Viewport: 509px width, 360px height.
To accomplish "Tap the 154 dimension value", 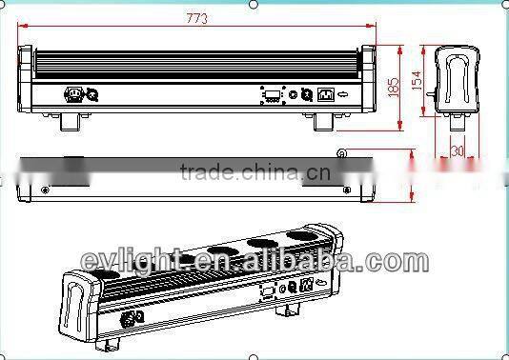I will pos(417,82).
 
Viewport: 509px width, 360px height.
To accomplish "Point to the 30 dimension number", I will pos(458,150).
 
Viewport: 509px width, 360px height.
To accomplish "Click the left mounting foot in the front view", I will pos(72,122).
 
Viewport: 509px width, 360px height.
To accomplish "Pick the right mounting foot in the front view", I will pos(321,122).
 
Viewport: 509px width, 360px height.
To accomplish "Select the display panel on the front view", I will pos(272,94).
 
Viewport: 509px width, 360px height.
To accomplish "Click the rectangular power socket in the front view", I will pos(325,93).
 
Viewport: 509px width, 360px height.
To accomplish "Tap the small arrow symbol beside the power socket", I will pos(344,93).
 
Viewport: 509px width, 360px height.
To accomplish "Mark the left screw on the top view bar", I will pos(46,190).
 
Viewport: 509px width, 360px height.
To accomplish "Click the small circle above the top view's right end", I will pos(340,150).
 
